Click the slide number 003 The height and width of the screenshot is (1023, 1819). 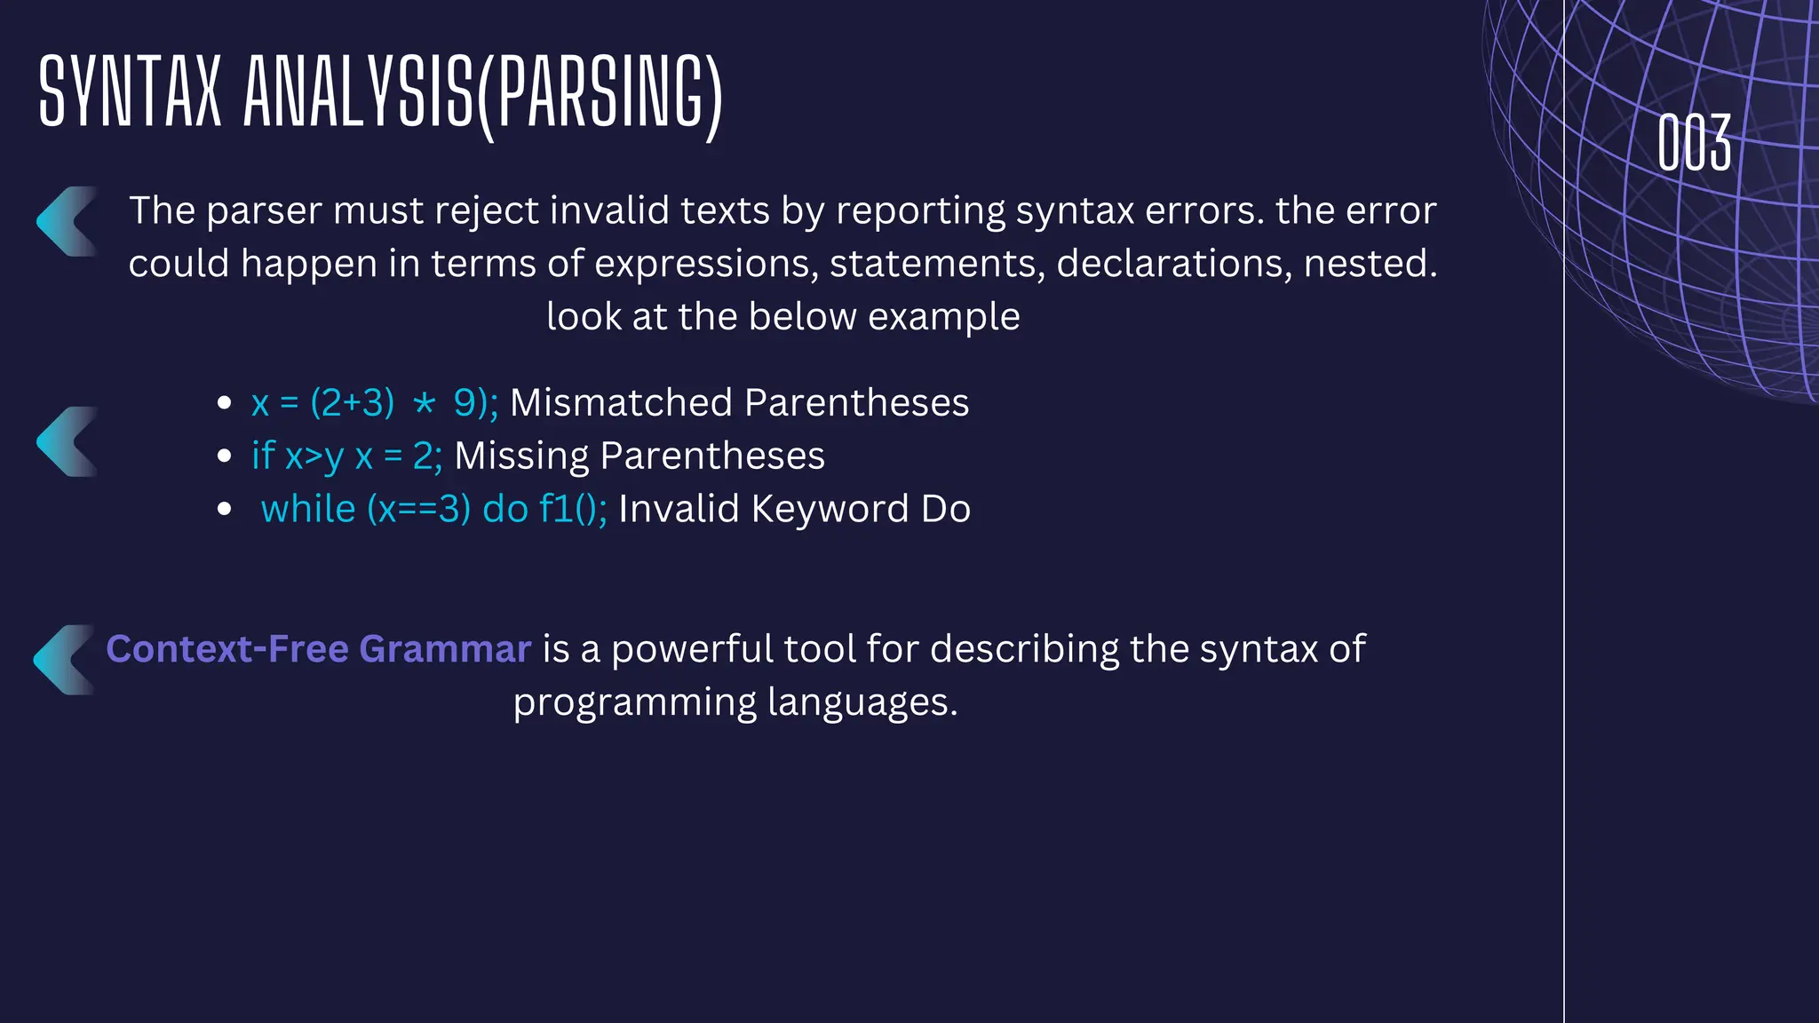(1694, 142)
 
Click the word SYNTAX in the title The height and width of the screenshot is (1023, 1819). (130, 91)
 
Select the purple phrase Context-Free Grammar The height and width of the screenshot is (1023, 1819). (318, 649)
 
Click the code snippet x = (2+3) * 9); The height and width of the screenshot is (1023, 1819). (374, 403)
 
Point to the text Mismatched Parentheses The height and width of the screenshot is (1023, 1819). (739, 403)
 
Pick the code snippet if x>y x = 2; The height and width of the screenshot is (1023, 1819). (346, 456)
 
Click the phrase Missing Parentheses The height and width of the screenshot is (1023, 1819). (639, 456)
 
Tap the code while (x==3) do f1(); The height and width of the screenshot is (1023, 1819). (433, 510)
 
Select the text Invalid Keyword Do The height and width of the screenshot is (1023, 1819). (794, 510)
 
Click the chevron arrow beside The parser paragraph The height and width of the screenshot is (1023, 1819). (67, 222)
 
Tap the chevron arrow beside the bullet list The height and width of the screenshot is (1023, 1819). (67, 442)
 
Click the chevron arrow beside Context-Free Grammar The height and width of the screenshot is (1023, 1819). (63, 660)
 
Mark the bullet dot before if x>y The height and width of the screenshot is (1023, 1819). (225, 456)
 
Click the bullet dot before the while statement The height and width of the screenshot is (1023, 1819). (225, 510)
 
